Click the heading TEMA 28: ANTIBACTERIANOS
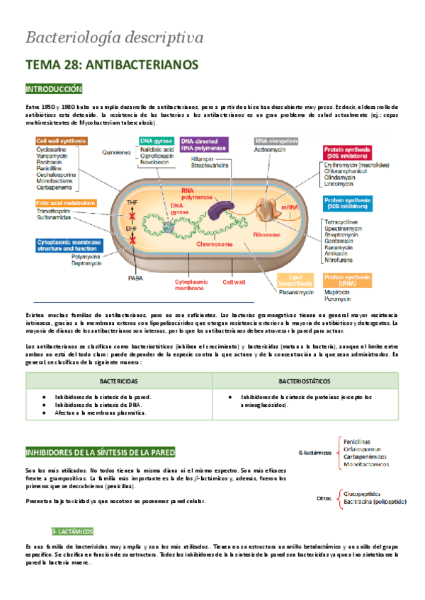pos(111,64)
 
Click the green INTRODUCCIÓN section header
pos(54,89)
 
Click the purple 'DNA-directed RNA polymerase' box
pos(203,144)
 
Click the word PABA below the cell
pos(134,278)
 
